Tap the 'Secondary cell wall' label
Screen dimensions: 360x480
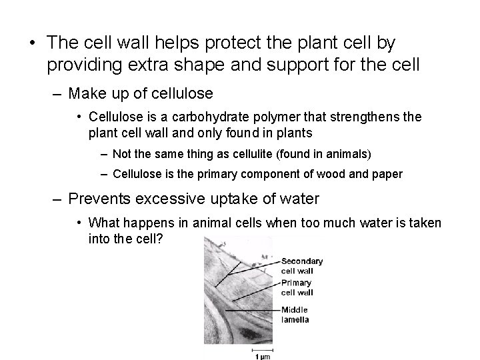[301, 265]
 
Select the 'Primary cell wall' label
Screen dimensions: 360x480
[296, 287]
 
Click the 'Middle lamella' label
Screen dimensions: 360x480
[295, 315]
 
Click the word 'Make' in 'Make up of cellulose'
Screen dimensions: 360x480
[87, 92]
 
